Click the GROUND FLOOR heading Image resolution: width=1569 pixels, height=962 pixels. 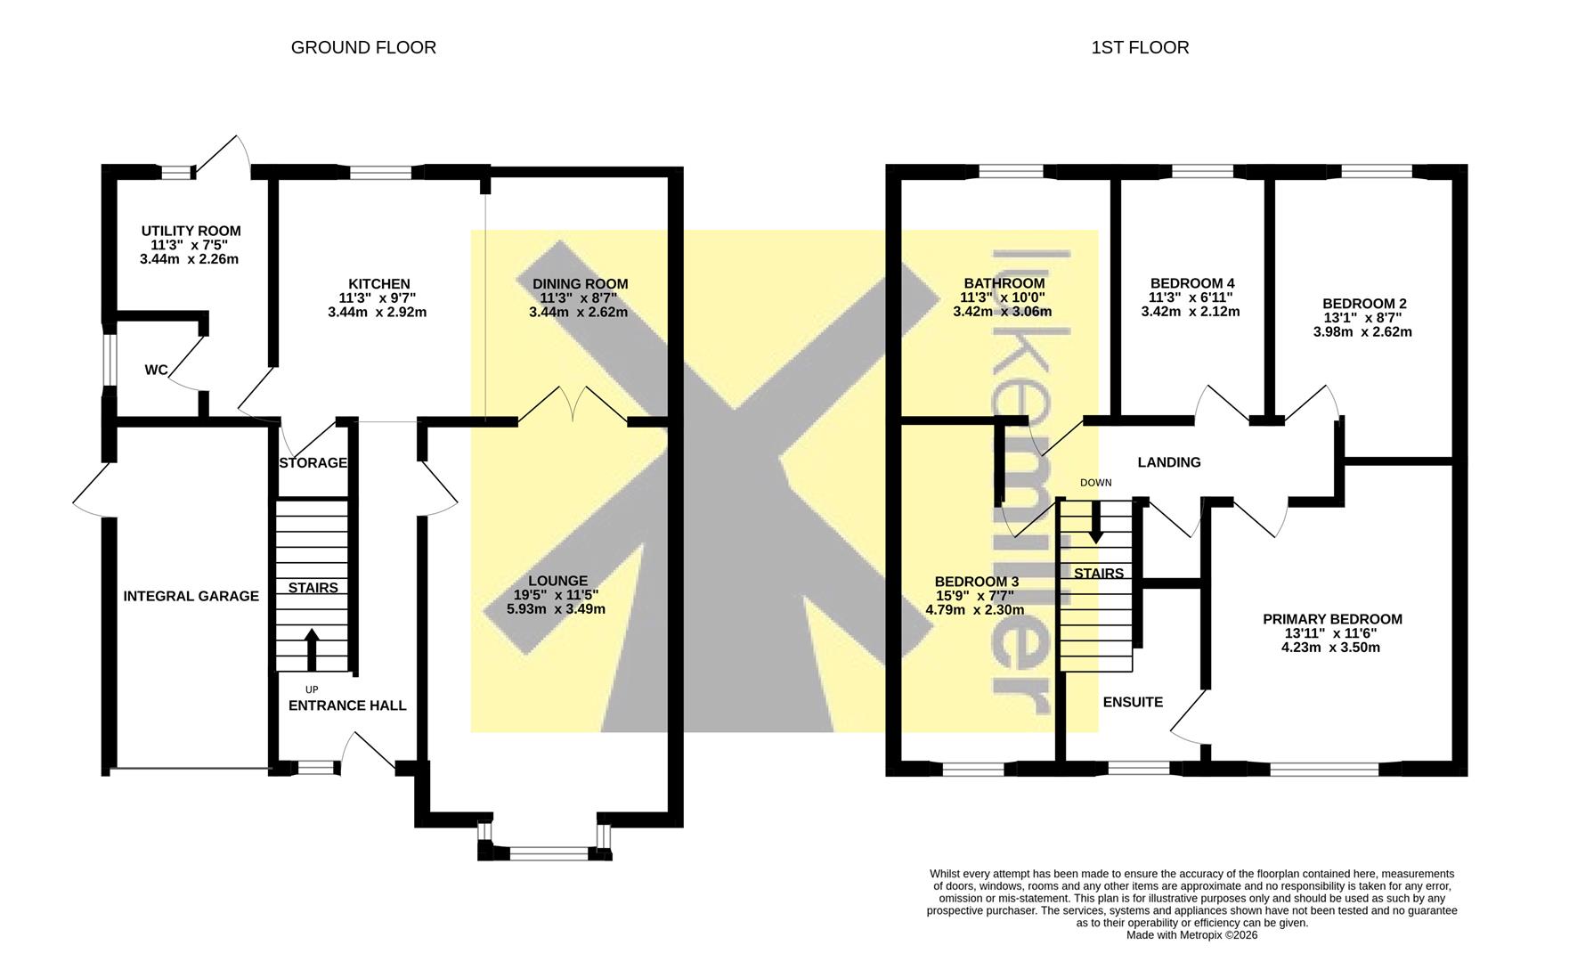click(x=363, y=47)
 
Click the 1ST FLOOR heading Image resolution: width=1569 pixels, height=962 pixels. click(x=1140, y=47)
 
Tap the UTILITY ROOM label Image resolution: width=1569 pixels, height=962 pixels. click(x=191, y=231)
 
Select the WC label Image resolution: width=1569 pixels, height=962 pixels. click(x=156, y=370)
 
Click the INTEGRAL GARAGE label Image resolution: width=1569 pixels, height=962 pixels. click(x=191, y=596)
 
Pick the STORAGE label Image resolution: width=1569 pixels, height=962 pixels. click(x=313, y=463)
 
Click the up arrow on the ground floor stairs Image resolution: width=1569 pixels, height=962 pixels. click(x=312, y=649)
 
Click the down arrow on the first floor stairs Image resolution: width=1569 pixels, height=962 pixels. click(x=1096, y=523)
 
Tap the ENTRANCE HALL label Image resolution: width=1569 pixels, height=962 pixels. click(x=347, y=705)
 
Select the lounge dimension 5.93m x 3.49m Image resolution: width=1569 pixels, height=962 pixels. click(x=556, y=609)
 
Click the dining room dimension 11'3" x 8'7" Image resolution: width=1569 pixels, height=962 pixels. click(x=580, y=298)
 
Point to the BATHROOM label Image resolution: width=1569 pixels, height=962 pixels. click(x=1002, y=284)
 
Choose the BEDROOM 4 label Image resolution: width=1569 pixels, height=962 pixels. click(x=1191, y=284)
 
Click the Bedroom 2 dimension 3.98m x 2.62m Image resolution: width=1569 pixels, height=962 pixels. click(x=1362, y=332)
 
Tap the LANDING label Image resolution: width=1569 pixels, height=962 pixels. click(x=1169, y=462)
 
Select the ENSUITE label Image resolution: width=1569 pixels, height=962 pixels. click(x=1133, y=702)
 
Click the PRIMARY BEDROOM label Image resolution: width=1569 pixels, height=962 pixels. click(x=1332, y=619)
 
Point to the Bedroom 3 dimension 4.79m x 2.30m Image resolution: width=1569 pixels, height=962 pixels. click(x=974, y=610)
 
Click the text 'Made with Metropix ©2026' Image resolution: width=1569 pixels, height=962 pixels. click(x=1191, y=935)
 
